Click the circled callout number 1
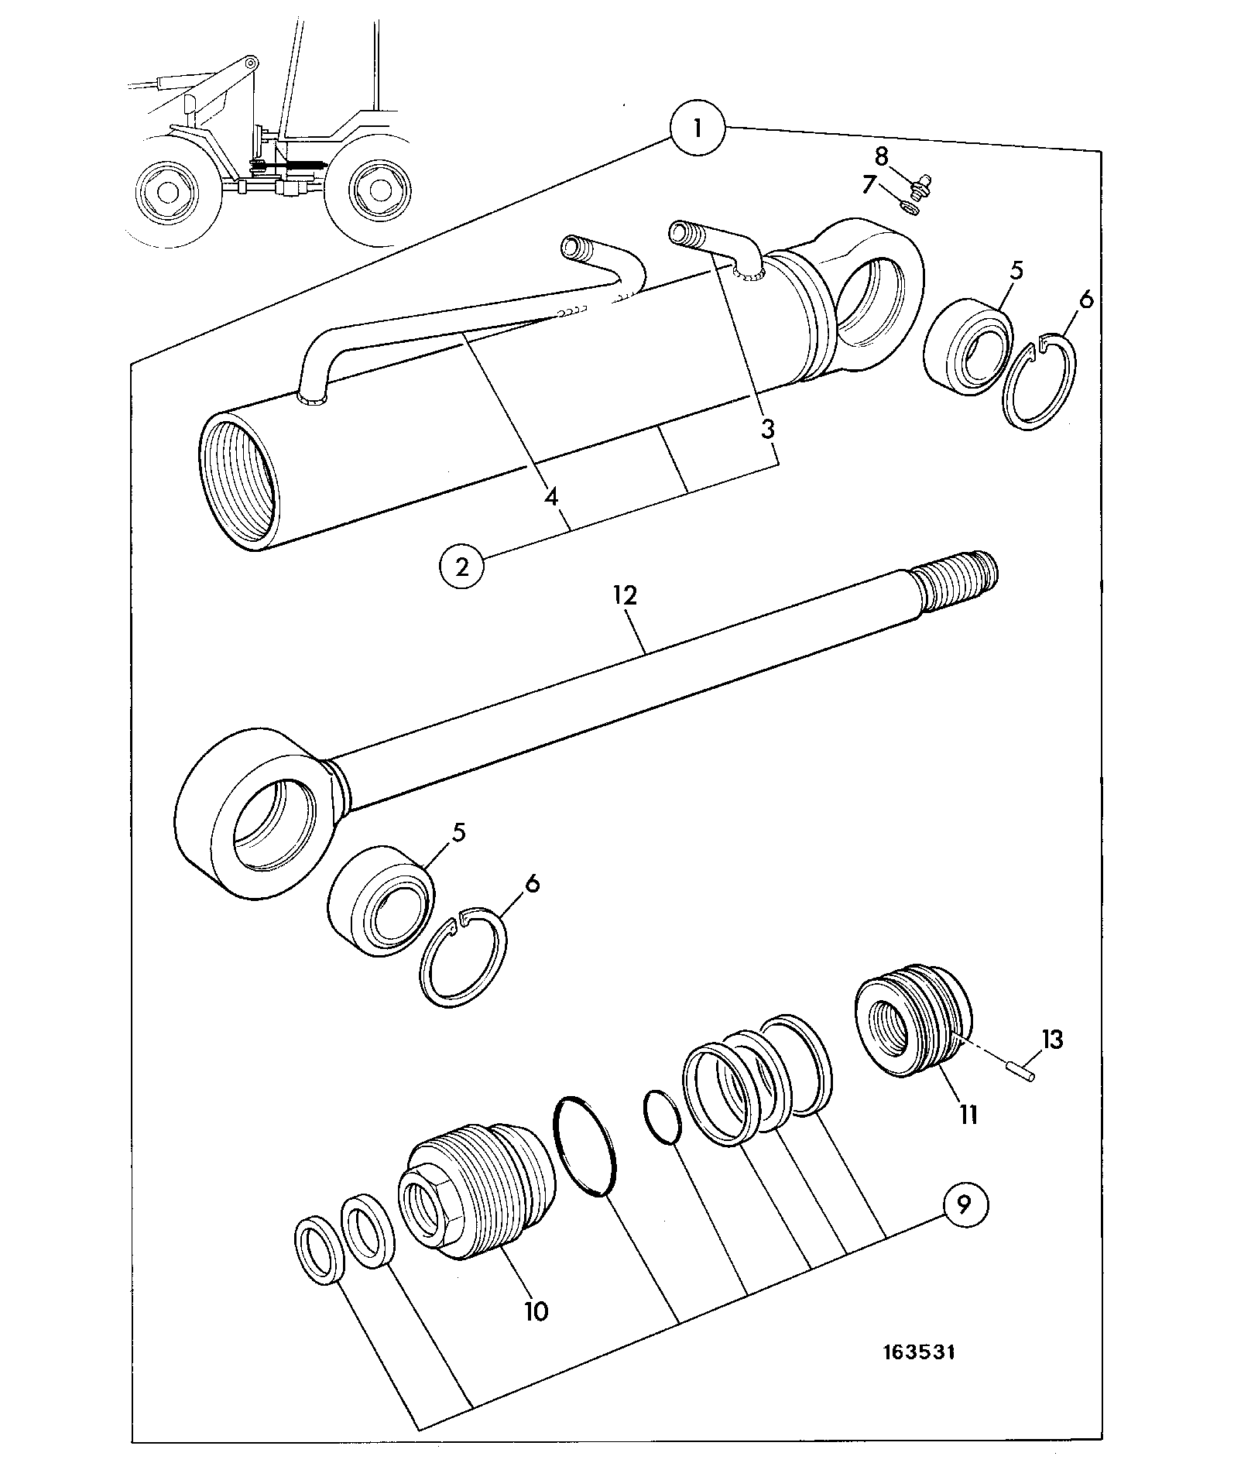pos(698,128)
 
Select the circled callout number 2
pos(462,567)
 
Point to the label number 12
pos(625,595)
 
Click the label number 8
pos(881,156)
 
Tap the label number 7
pos(868,185)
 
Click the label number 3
pos(767,429)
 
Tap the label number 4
pos(550,495)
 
